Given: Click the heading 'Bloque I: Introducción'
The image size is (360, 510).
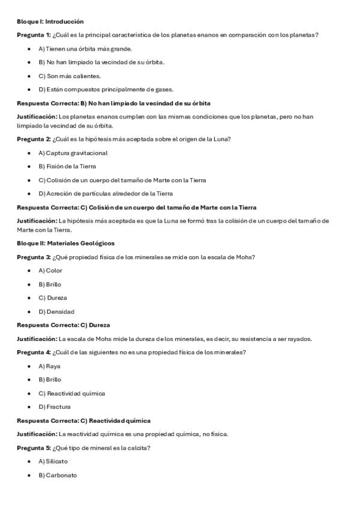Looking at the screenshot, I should tap(50, 21).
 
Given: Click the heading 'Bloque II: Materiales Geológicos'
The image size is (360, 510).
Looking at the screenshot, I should tap(66, 243).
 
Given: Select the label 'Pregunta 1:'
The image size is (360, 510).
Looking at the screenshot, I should tap(34, 35).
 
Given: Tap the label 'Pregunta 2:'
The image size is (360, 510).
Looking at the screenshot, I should tap(34, 140).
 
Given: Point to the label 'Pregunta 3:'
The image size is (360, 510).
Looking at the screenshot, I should tap(34, 257).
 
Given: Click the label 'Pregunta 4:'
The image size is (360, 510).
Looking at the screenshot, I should tap(34, 352).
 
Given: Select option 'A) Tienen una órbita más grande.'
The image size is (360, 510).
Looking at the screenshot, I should tap(85, 49).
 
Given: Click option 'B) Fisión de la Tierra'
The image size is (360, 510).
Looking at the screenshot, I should tap(67, 167).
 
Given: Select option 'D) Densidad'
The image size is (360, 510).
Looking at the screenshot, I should tap(56, 312).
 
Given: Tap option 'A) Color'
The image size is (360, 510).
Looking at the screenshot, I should tap(50, 271).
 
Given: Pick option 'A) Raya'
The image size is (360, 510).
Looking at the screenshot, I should tap(49, 366).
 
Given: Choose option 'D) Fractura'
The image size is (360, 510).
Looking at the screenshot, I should tap(54, 407).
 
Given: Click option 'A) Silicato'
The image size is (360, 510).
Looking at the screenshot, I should tap(53, 461).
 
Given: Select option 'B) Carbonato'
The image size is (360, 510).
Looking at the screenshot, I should tap(57, 475).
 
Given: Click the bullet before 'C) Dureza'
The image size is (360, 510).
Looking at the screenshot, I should tap(29, 298).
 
